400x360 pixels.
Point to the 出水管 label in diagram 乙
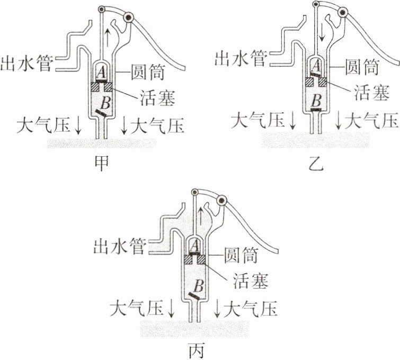coord(239,58)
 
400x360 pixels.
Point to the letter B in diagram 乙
coord(316,99)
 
